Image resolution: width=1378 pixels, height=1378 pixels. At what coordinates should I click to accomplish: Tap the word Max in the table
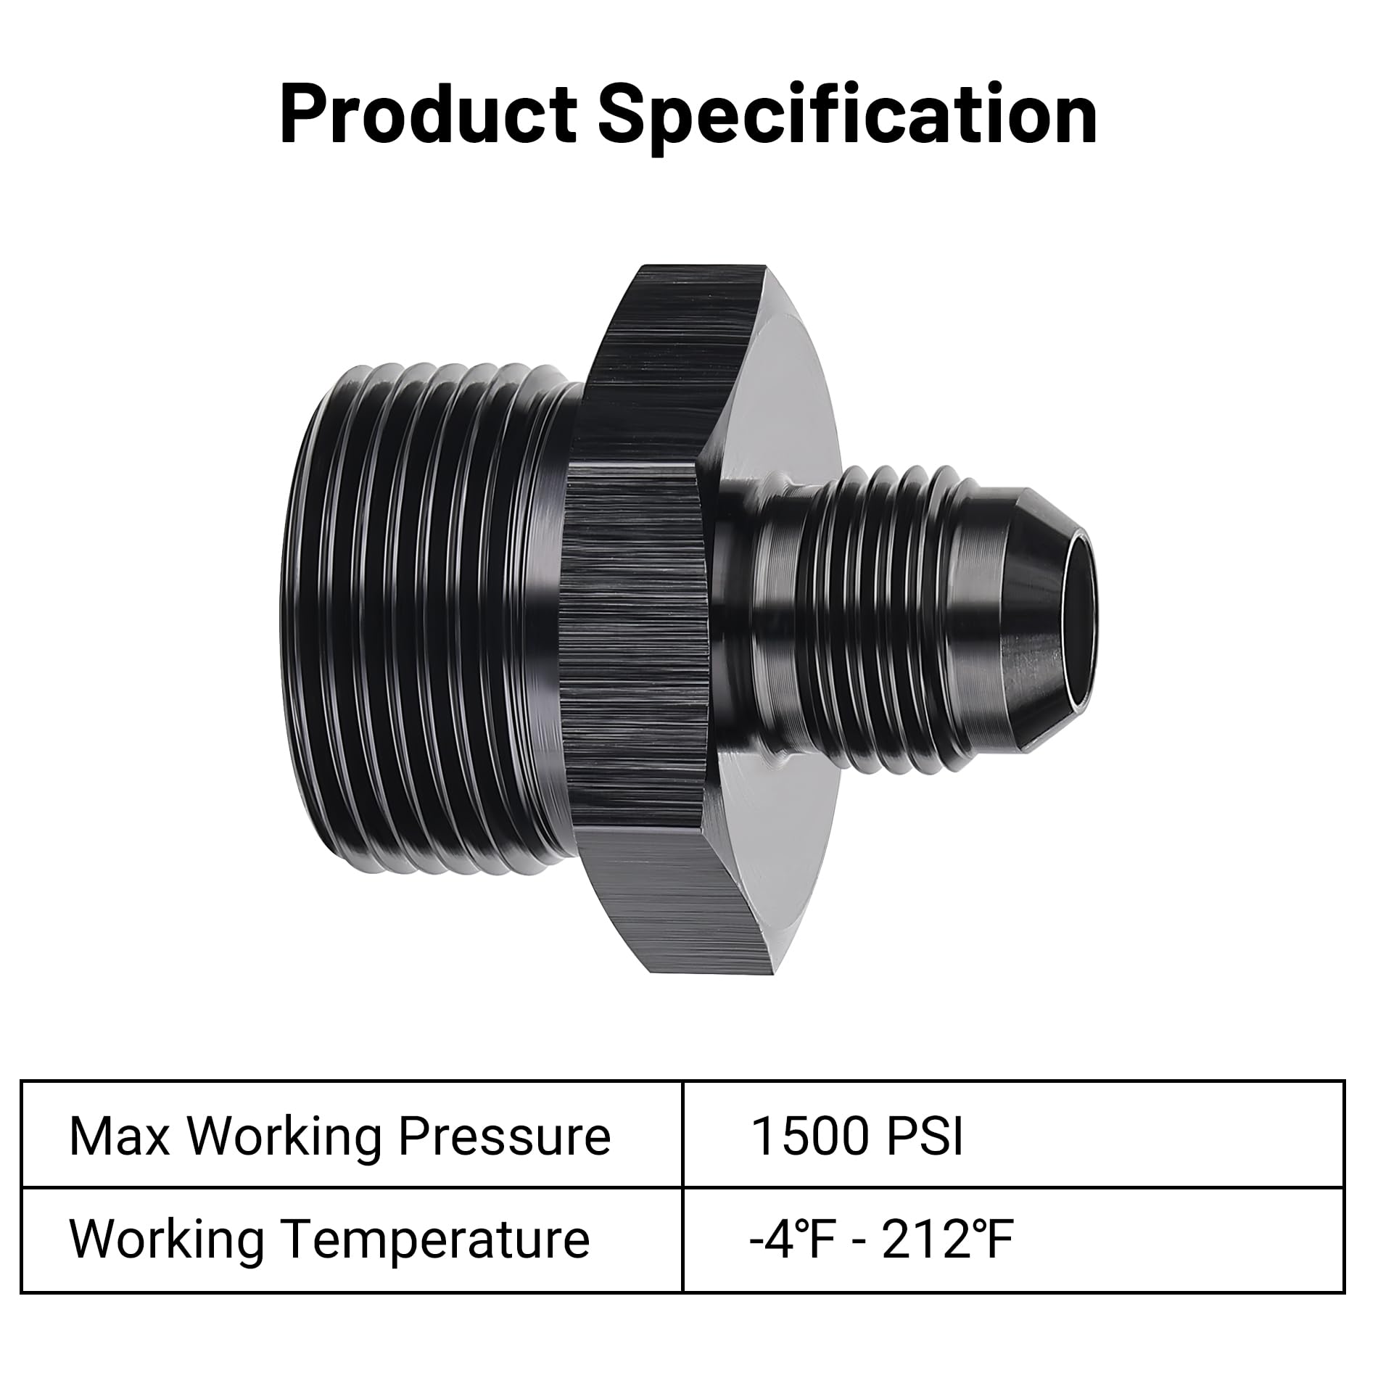click(x=120, y=1136)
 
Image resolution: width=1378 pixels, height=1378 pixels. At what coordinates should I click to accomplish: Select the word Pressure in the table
click(x=505, y=1136)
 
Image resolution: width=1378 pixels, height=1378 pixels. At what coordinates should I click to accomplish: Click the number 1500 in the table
click(x=808, y=1136)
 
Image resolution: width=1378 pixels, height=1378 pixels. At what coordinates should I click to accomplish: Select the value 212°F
click(x=947, y=1239)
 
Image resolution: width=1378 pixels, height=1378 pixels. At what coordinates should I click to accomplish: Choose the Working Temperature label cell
click(x=352, y=1239)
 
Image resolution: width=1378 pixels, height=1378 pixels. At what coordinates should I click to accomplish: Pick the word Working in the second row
click(x=167, y=1239)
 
